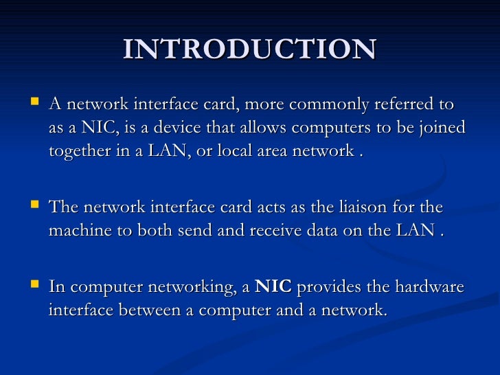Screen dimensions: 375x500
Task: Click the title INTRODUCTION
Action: (250, 49)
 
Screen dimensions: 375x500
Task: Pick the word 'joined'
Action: (440, 128)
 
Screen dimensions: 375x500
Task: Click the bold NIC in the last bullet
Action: (273, 287)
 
